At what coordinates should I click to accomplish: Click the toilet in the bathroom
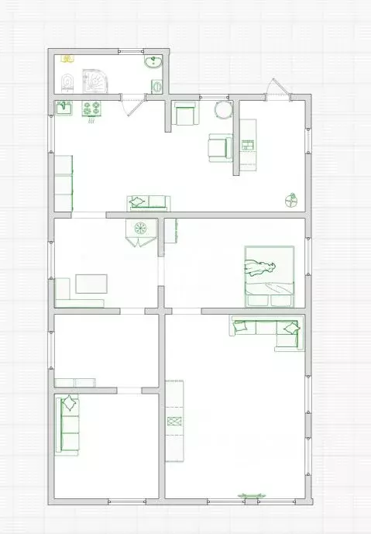coord(67,81)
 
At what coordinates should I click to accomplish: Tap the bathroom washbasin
coord(153,64)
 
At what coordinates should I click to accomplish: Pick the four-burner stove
coord(92,109)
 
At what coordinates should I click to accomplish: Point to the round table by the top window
coord(223,109)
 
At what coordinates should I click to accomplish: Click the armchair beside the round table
coord(184,115)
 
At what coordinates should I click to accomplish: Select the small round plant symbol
coord(291,201)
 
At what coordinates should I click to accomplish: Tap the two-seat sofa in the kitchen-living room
coord(147,202)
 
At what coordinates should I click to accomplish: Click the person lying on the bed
coord(261,268)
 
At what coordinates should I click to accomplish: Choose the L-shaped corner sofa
coord(267,329)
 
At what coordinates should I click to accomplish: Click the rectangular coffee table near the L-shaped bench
coord(91,284)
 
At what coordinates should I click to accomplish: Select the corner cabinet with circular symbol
coord(141,230)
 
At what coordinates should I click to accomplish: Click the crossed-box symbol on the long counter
coord(175,421)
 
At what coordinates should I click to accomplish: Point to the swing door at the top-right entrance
coord(277,88)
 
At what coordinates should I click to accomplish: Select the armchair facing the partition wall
coord(221,146)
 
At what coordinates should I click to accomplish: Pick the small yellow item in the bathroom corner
coord(67,58)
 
